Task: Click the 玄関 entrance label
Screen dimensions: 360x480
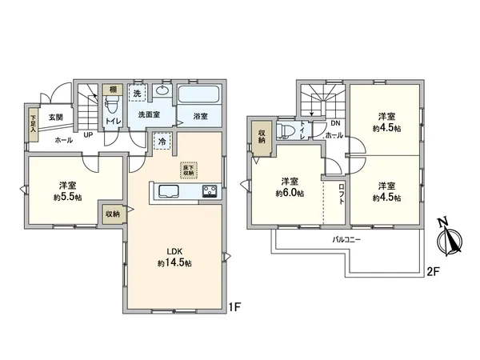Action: click(x=55, y=118)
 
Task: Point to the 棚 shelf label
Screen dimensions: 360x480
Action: click(x=114, y=90)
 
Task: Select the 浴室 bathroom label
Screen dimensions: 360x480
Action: click(x=200, y=117)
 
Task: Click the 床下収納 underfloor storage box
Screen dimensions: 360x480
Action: click(x=188, y=170)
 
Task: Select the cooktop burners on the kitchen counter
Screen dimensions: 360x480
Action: click(x=210, y=191)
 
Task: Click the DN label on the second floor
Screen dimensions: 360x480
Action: click(x=334, y=124)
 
